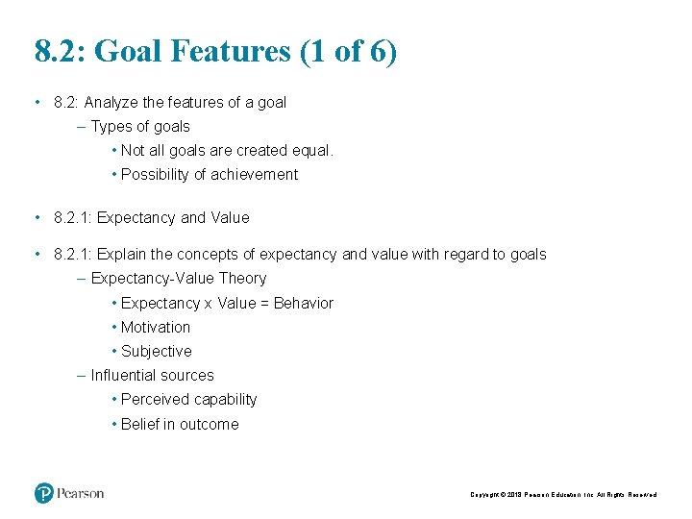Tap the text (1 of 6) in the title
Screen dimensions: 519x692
pos(348,51)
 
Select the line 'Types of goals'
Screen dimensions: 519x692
pos(140,127)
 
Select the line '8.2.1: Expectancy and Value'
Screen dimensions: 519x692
pos(152,218)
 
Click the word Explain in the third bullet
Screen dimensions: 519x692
pos(123,255)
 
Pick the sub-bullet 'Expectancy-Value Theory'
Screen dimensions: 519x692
pos(179,279)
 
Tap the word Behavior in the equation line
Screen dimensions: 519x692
pos(304,304)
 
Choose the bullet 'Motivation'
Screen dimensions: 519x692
pos(156,328)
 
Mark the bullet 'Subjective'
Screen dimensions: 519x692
pos(157,352)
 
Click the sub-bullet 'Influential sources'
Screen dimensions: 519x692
pos(152,376)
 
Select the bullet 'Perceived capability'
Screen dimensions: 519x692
pos(189,400)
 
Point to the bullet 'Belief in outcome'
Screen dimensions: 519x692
pos(180,425)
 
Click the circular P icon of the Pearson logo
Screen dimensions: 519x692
pos(44,493)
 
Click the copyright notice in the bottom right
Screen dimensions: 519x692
pos(563,495)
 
